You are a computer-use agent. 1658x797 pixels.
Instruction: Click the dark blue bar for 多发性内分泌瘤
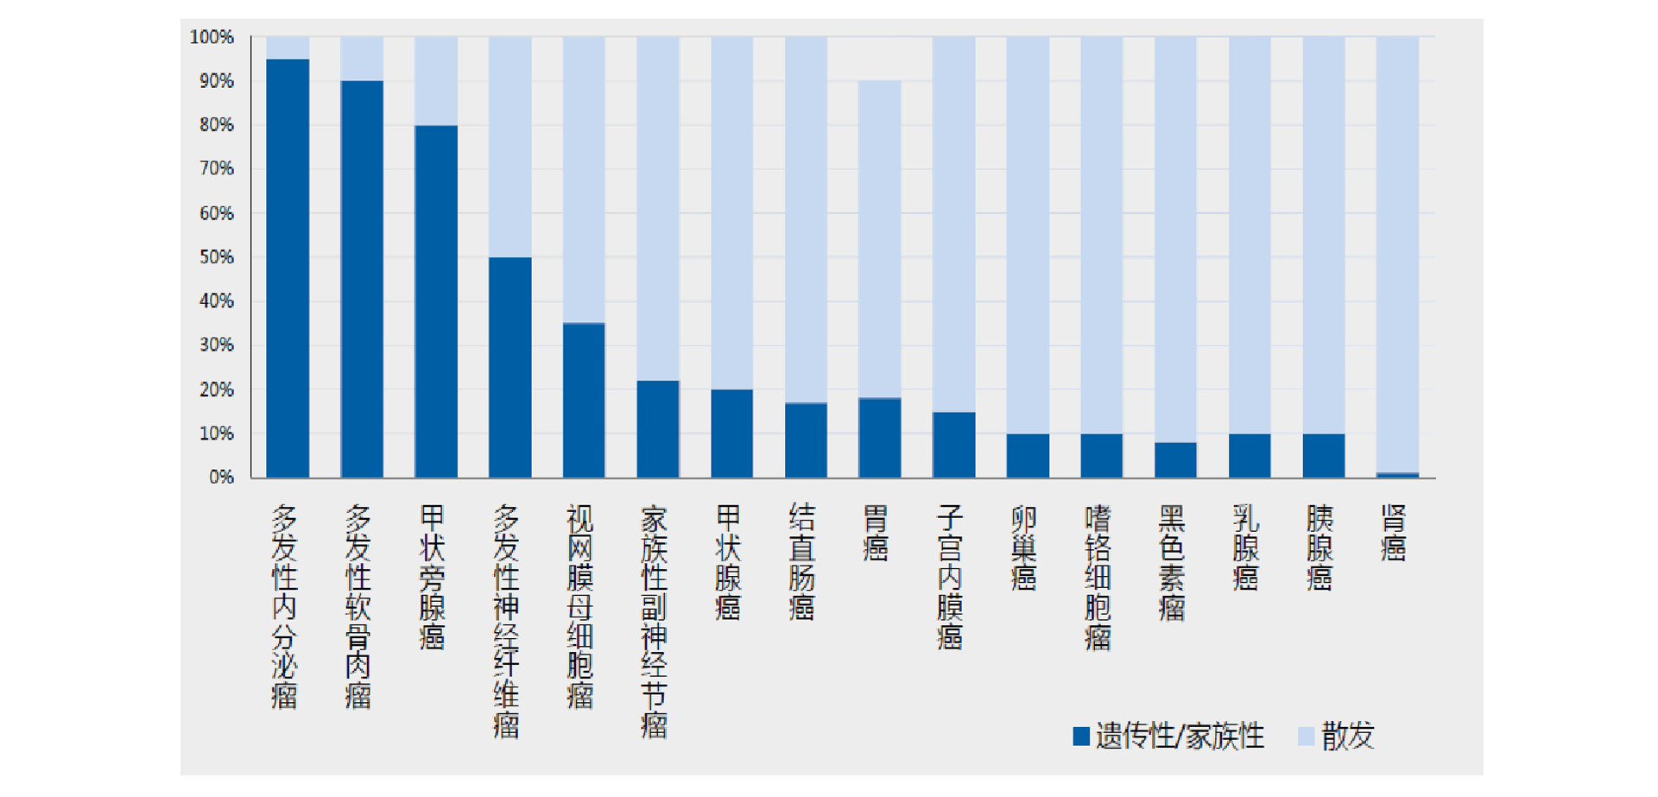pyautogui.click(x=288, y=268)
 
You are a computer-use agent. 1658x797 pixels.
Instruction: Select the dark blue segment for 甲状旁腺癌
pyautogui.click(x=436, y=301)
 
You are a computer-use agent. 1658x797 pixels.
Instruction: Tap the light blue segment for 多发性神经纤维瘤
pyautogui.click(x=510, y=147)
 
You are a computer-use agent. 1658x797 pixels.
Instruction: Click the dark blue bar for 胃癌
pyautogui.click(x=879, y=438)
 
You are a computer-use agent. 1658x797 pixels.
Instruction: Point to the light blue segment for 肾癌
pyautogui.click(x=1397, y=255)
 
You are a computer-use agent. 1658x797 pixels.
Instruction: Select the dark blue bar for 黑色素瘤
pyautogui.click(x=1175, y=459)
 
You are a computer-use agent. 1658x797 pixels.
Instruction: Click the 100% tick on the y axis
pyautogui.click(x=212, y=37)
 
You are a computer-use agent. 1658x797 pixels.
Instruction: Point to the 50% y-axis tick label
pyautogui.click(x=217, y=257)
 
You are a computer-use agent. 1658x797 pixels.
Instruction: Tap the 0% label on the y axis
pyautogui.click(x=221, y=478)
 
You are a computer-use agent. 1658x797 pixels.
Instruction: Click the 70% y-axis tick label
pyautogui.click(x=217, y=168)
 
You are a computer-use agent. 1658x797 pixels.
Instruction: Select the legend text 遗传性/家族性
pyautogui.click(x=1180, y=737)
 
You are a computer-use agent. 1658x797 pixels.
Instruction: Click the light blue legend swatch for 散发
pyautogui.click(x=1306, y=737)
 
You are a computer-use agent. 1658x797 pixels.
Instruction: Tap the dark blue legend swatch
pyautogui.click(x=1081, y=737)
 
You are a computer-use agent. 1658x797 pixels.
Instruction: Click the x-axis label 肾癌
pyautogui.click(x=1393, y=534)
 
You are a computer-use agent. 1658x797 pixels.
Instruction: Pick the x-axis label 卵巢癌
pyautogui.click(x=1023, y=547)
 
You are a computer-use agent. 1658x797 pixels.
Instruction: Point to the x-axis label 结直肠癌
pyautogui.click(x=801, y=562)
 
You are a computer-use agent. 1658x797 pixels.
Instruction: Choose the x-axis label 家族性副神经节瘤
pyautogui.click(x=654, y=622)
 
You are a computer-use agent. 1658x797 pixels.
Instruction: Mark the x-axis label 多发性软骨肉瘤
pyautogui.click(x=358, y=607)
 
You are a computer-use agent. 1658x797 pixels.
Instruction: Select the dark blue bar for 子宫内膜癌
pyautogui.click(x=953, y=445)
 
